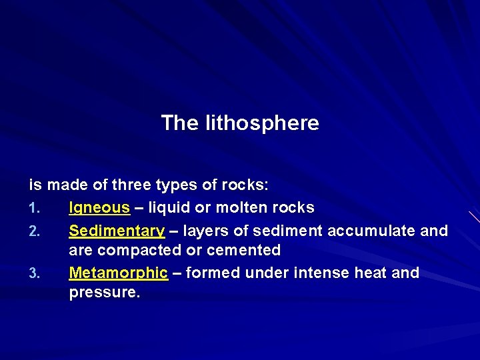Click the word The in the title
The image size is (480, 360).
(x=176, y=123)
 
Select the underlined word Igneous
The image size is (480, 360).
(x=99, y=208)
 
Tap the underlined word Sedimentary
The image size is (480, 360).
(x=117, y=231)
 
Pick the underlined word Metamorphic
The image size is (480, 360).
(x=118, y=273)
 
